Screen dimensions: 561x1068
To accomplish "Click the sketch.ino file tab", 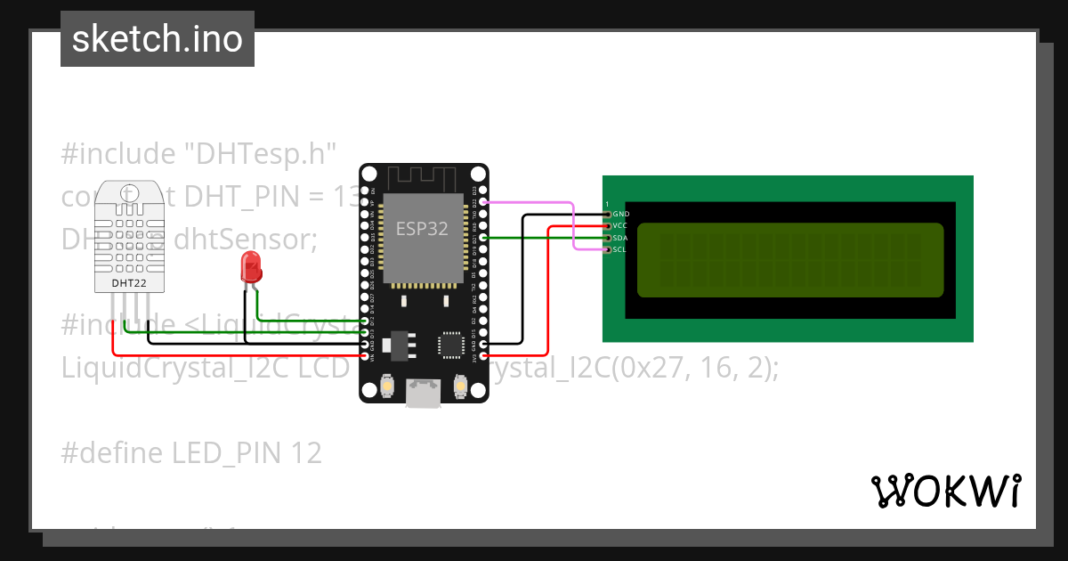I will [157, 39].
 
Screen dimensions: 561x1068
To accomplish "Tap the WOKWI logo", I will [945, 491].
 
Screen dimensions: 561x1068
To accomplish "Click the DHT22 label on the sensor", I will [129, 283].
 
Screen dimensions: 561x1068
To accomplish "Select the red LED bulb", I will [251, 265].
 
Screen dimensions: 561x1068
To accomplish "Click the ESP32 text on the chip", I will [423, 228].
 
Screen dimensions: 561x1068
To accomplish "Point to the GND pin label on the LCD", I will [621, 215].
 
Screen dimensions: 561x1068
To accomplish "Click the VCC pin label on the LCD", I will [621, 226].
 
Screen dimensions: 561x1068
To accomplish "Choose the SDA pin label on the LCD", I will [621, 238].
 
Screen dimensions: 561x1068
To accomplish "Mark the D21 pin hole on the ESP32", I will [483, 238].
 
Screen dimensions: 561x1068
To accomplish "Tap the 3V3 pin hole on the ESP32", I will [483, 356].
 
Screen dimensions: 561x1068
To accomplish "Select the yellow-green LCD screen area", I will [790, 259].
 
